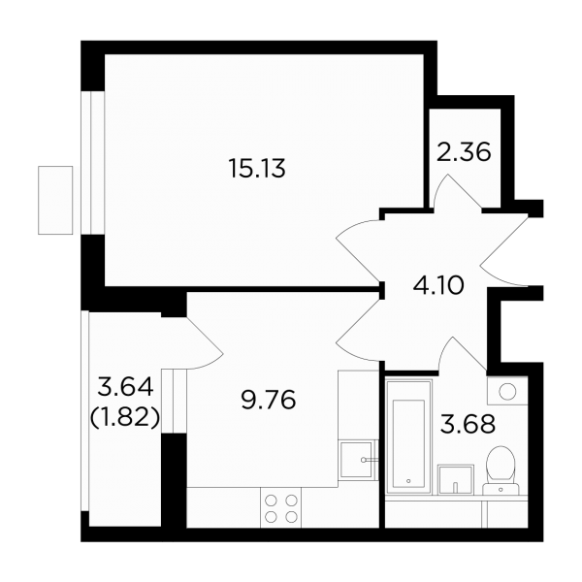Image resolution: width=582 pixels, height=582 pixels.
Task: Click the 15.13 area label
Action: (x=258, y=168)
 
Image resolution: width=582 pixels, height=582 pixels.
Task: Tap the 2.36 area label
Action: (x=464, y=152)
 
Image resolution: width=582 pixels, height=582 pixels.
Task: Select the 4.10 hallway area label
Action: (x=438, y=285)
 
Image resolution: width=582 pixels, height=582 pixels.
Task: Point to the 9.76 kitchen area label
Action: (x=269, y=400)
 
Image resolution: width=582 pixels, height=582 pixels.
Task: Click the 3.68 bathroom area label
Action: (x=468, y=424)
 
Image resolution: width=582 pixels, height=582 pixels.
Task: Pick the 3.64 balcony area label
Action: (x=125, y=387)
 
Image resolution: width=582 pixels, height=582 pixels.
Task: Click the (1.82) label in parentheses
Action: (x=125, y=417)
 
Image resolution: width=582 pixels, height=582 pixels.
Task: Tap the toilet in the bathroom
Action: (x=501, y=470)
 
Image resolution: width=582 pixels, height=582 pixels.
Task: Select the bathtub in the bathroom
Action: (x=408, y=436)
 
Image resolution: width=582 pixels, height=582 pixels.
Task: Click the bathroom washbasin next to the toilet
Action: (x=456, y=479)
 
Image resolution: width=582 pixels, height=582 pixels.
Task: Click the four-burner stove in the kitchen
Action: (x=281, y=507)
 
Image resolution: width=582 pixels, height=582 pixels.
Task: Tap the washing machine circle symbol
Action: (x=507, y=391)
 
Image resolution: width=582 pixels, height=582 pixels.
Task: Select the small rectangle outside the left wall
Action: (x=55, y=200)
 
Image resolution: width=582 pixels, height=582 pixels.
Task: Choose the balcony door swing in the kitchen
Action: (x=205, y=342)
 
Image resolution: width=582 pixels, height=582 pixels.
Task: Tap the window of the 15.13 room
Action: (x=93, y=163)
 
